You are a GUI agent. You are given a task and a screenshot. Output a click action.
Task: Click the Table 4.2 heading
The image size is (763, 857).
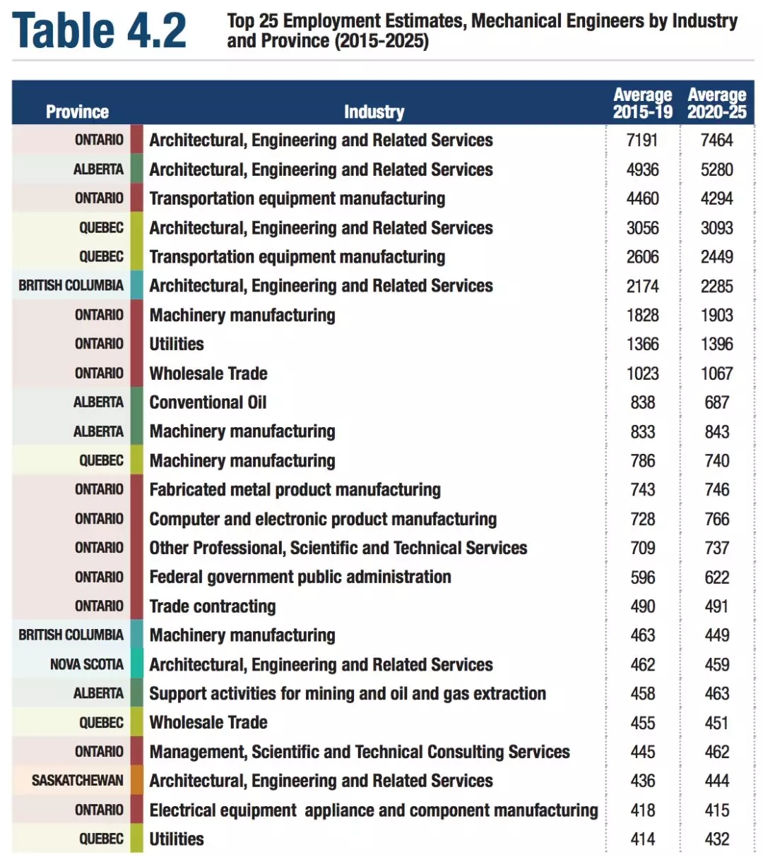tap(99, 30)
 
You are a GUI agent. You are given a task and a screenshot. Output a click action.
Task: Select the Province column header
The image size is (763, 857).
tap(77, 112)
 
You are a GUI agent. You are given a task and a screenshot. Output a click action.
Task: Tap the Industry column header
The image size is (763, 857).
tap(374, 112)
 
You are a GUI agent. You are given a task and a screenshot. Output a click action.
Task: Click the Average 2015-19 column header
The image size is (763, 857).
tap(642, 103)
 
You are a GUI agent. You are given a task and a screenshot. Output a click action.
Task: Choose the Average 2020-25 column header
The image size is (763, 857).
tap(716, 103)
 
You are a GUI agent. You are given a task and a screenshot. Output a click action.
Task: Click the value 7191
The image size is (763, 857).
tap(642, 140)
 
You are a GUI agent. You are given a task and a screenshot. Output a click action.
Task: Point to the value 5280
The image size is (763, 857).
tap(716, 169)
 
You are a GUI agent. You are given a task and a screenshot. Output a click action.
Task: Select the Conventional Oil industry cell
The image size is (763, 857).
tap(208, 402)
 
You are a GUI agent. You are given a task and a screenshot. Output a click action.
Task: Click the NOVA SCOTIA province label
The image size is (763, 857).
tap(86, 664)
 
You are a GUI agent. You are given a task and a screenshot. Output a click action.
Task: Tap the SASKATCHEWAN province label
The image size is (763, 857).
tap(77, 781)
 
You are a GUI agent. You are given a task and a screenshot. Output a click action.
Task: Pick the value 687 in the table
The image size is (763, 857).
tap(716, 402)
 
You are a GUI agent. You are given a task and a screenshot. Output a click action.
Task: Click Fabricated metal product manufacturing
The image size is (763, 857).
tap(295, 490)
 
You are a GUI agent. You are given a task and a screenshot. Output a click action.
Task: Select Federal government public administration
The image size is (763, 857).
tap(300, 577)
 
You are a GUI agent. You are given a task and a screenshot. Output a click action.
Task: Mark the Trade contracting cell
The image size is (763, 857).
tap(212, 606)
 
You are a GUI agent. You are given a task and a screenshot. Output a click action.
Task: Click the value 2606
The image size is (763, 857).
tap(642, 257)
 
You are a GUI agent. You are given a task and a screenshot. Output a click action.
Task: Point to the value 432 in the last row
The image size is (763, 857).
tap(716, 839)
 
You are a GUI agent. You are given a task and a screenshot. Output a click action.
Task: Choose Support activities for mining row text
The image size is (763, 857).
tap(347, 694)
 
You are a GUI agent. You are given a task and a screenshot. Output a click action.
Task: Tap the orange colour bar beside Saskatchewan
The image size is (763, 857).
tap(136, 781)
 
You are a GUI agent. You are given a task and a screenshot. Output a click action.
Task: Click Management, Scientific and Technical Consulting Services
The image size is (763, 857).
tap(359, 752)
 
